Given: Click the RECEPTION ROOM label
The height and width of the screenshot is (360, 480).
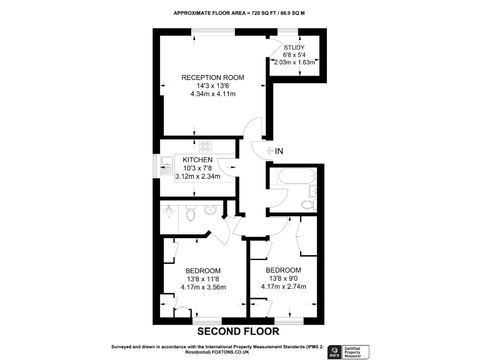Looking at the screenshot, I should coord(212,77).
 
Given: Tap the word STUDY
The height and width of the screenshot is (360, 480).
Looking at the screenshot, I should coord(294,47).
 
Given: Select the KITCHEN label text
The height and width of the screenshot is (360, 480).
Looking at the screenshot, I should coord(197,161).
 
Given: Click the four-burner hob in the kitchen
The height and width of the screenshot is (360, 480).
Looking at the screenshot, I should coord(205,146).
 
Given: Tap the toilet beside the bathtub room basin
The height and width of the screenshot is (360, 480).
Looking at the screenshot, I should coord(308,204).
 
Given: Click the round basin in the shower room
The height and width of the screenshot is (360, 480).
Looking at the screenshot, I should coord(211,210).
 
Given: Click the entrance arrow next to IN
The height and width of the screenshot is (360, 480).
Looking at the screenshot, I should coord(269,151).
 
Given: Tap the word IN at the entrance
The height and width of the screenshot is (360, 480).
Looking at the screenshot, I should coord(279,151).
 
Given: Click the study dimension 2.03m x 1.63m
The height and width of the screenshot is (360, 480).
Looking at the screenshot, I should coord(294,62).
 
